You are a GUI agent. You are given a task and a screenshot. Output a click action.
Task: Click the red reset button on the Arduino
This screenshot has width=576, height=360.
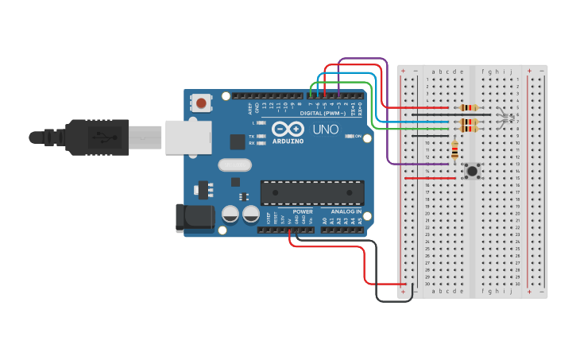click(202, 103)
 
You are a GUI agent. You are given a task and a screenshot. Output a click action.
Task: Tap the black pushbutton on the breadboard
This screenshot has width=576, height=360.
click(473, 170)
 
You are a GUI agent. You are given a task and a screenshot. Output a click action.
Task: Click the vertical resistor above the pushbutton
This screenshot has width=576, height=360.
click(454, 149)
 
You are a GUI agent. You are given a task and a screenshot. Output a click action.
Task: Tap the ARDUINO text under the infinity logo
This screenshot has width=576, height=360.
click(288, 141)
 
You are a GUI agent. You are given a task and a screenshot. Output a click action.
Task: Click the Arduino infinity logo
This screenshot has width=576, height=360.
click(288, 129)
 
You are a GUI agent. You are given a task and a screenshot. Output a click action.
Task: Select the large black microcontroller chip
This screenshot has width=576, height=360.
click(312, 192)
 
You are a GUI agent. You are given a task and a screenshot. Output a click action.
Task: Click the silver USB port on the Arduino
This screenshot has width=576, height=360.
click(188, 137)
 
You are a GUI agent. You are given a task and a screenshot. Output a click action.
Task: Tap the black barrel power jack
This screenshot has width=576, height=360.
click(194, 218)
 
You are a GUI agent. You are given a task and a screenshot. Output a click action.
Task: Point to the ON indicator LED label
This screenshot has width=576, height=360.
click(358, 136)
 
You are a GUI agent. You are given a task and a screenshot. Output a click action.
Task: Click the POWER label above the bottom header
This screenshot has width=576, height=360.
click(303, 212)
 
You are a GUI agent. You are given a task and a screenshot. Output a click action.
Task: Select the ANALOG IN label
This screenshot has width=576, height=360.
click(346, 212)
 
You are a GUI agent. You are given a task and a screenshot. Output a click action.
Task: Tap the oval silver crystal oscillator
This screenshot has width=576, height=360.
click(234, 165)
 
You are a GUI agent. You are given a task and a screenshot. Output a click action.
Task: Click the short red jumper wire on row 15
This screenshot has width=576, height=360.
click(430, 178)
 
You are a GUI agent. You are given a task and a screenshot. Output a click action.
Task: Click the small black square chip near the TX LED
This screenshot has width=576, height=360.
click(237, 141)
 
